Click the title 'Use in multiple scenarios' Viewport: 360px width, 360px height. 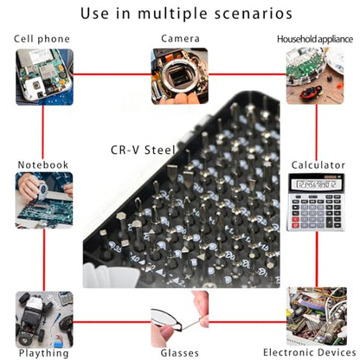pyautogui.click(x=186, y=14)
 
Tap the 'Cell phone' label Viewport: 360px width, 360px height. pyautogui.click(x=42, y=39)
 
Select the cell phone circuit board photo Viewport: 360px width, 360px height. pyautogui.click(x=44, y=77)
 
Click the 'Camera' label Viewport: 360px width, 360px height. pyautogui.click(x=180, y=38)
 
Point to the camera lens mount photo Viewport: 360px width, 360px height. pyautogui.click(x=180, y=76)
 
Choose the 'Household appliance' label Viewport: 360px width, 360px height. pyautogui.click(x=315, y=39)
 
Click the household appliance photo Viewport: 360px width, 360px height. pyautogui.click(x=315, y=76)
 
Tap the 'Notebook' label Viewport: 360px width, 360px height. pyautogui.click(x=43, y=164)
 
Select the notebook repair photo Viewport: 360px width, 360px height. pyautogui.click(x=44, y=200)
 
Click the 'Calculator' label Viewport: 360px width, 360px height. pyautogui.click(x=318, y=165)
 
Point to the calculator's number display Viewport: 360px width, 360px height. pyautogui.click(x=316, y=184)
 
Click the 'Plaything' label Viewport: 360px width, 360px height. pyautogui.click(x=44, y=353)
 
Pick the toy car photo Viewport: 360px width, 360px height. pyautogui.click(x=44, y=319)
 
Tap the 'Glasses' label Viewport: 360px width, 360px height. pyautogui.click(x=180, y=353)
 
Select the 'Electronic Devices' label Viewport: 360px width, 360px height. pyautogui.click(x=310, y=352)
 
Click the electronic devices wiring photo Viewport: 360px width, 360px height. pyautogui.click(x=317, y=316)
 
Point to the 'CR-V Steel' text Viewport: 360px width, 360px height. pyautogui.click(x=143, y=150)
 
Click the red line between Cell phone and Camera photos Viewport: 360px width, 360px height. pyautogui.click(x=112, y=74)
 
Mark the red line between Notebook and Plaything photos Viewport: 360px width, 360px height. pyautogui.click(x=44, y=260)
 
